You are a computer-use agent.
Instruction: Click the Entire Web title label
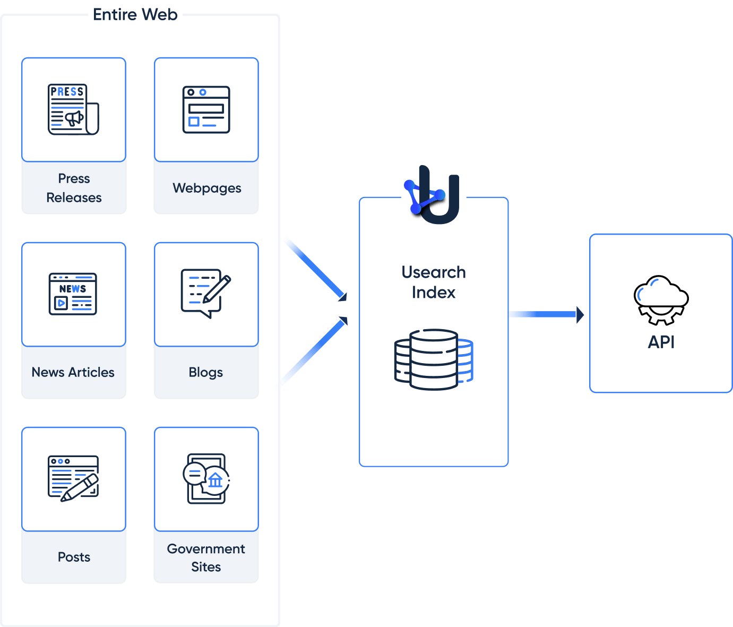[x=135, y=14]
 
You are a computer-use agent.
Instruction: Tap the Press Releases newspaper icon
[x=73, y=109]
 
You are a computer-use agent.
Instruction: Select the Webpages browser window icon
[x=206, y=109]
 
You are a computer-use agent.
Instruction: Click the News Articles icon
[x=73, y=294]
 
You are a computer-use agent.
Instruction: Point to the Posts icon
[x=73, y=478]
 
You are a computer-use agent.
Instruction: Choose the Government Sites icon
[x=206, y=478]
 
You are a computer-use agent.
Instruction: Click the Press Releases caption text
[x=74, y=188]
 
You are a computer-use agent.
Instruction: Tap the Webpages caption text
[x=206, y=188]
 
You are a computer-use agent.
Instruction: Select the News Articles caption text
[x=73, y=372]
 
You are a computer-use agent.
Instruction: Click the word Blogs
[x=206, y=372]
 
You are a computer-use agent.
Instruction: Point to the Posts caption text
[x=74, y=557]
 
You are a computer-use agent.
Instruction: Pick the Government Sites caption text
[x=206, y=557]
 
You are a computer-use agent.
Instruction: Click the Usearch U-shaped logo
[x=434, y=194]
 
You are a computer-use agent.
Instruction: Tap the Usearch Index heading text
[x=434, y=282]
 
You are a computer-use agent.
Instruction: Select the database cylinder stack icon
[x=434, y=359]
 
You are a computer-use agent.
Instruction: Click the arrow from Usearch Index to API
[x=547, y=314]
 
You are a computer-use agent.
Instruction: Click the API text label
[x=661, y=342]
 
